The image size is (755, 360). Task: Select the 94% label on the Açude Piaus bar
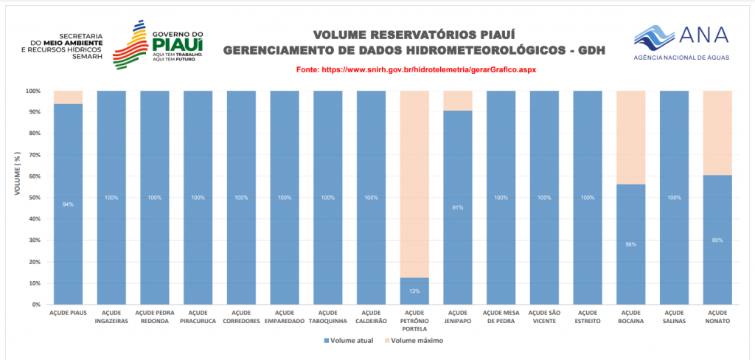(x=68, y=204)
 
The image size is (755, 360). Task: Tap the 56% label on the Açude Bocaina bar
(x=630, y=244)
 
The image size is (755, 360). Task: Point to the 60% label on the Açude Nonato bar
(x=717, y=240)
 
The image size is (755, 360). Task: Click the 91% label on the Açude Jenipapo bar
(x=457, y=208)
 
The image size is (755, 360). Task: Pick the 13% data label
(x=414, y=291)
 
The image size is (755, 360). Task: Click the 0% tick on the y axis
(x=35, y=305)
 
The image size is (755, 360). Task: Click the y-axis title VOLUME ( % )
(x=16, y=176)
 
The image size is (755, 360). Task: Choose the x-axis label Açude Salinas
(x=674, y=316)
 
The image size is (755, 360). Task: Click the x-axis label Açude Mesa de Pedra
(x=501, y=316)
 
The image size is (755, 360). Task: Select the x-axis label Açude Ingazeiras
(x=111, y=316)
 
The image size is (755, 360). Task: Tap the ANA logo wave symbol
(x=652, y=35)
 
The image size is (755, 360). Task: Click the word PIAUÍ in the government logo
(x=178, y=45)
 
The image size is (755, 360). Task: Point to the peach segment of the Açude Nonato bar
(x=717, y=133)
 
